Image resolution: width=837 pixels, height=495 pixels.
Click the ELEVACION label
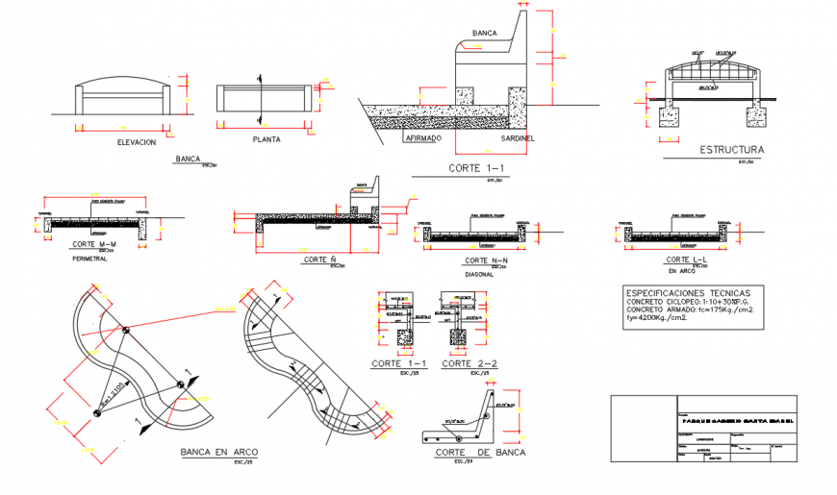(x=136, y=141)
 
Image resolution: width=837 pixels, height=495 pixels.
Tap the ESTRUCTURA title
(x=731, y=150)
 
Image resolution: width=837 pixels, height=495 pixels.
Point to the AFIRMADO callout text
(x=421, y=138)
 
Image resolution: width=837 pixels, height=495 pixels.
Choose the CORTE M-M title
(x=93, y=245)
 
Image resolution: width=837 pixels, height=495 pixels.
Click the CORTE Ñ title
(x=319, y=260)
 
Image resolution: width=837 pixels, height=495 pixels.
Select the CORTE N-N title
(x=486, y=261)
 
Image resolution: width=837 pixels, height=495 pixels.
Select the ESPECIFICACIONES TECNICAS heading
(x=695, y=291)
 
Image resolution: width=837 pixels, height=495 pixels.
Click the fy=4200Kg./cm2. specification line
(x=657, y=317)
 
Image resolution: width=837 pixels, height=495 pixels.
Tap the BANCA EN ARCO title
(x=219, y=451)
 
